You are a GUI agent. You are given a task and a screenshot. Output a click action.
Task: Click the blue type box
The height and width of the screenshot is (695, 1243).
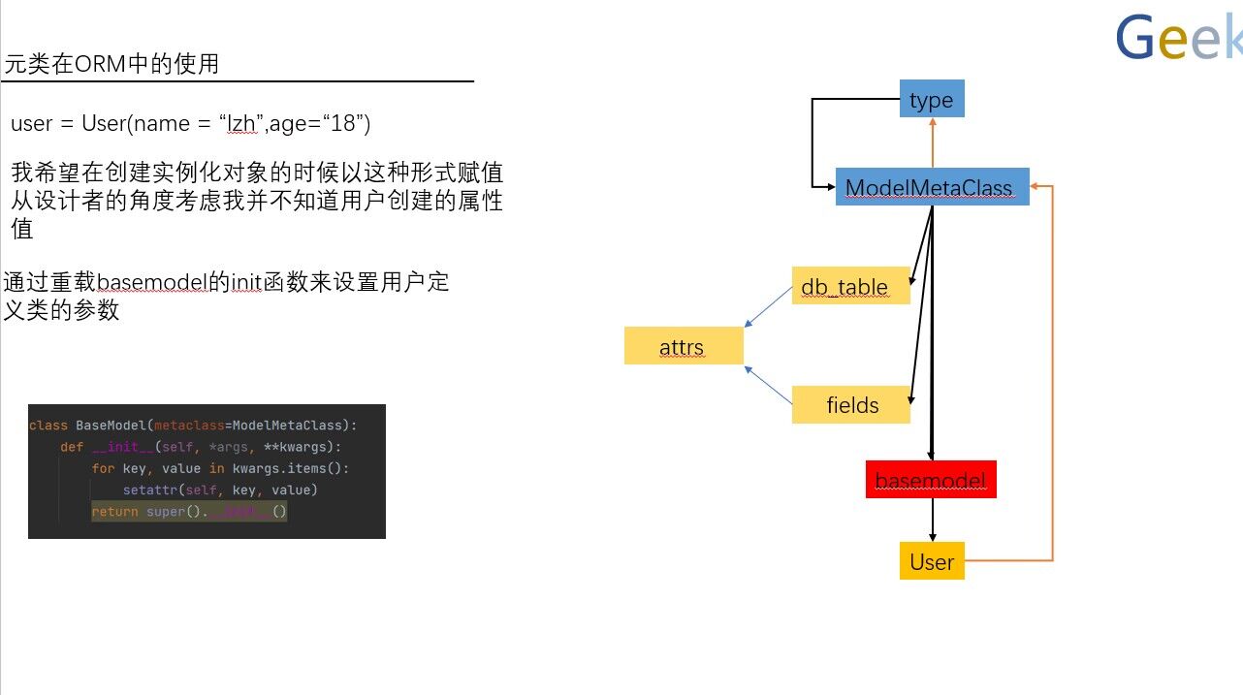click(932, 99)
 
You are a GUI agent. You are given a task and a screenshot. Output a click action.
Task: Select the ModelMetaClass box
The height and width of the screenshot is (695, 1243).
click(928, 187)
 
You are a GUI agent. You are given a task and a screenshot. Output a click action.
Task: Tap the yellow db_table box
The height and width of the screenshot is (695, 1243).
click(849, 286)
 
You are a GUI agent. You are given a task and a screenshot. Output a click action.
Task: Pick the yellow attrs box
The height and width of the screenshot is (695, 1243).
click(683, 346)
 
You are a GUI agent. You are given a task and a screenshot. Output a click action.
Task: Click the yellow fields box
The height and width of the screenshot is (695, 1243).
click(850, 405)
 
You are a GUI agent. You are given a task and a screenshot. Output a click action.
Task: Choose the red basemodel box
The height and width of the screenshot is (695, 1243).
click(930, 480)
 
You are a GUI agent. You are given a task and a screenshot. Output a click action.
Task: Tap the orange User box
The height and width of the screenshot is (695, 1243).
click(931, 562)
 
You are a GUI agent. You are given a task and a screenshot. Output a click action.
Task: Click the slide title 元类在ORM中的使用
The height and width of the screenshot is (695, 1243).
click(112, 65)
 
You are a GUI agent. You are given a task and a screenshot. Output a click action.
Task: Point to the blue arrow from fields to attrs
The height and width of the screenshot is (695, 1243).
click(768, 385)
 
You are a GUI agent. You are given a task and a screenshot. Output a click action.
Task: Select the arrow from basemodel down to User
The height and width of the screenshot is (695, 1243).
click(932, 520)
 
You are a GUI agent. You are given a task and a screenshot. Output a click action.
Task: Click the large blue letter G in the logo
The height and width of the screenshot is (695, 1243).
click(1137, 39)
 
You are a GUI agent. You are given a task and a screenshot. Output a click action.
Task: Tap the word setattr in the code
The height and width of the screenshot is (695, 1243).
click(151, 490)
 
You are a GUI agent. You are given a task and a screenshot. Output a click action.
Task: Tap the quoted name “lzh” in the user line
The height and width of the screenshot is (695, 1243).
click(241, 124)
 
